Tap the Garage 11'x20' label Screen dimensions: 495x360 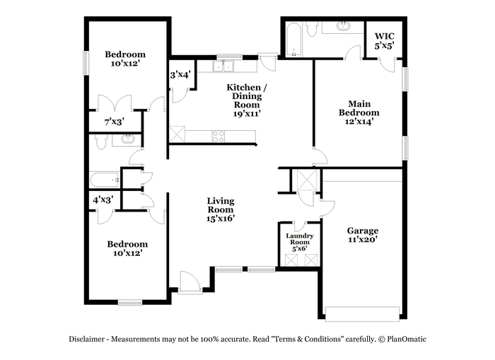coord(363,235)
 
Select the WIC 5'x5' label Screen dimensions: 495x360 coord(384,41)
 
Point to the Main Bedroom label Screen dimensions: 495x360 coord(359,108)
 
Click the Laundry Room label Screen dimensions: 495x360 coord(300,239)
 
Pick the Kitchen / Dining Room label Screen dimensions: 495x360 coord(248,96)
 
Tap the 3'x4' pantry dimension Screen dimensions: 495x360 coord(180,75)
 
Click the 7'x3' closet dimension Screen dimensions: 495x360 coord(115,122)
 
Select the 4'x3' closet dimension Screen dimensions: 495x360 coord(103,200)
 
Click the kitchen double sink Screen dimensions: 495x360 coord(223,66)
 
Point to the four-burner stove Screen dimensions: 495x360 coord(219,136)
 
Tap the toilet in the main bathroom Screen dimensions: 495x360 coord(312,29)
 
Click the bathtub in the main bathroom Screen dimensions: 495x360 coord(293,40)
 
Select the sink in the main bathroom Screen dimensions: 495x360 coord(343,26)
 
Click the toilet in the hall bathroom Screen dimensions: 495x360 coord(101,142)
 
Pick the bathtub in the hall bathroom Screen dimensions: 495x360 coord(105,180)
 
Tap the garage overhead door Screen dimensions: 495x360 coord(363,314)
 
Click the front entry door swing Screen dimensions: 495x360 coord(190,283)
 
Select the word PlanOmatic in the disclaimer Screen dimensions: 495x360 coord(407,339)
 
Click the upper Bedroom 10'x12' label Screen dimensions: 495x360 coord(125,59)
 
